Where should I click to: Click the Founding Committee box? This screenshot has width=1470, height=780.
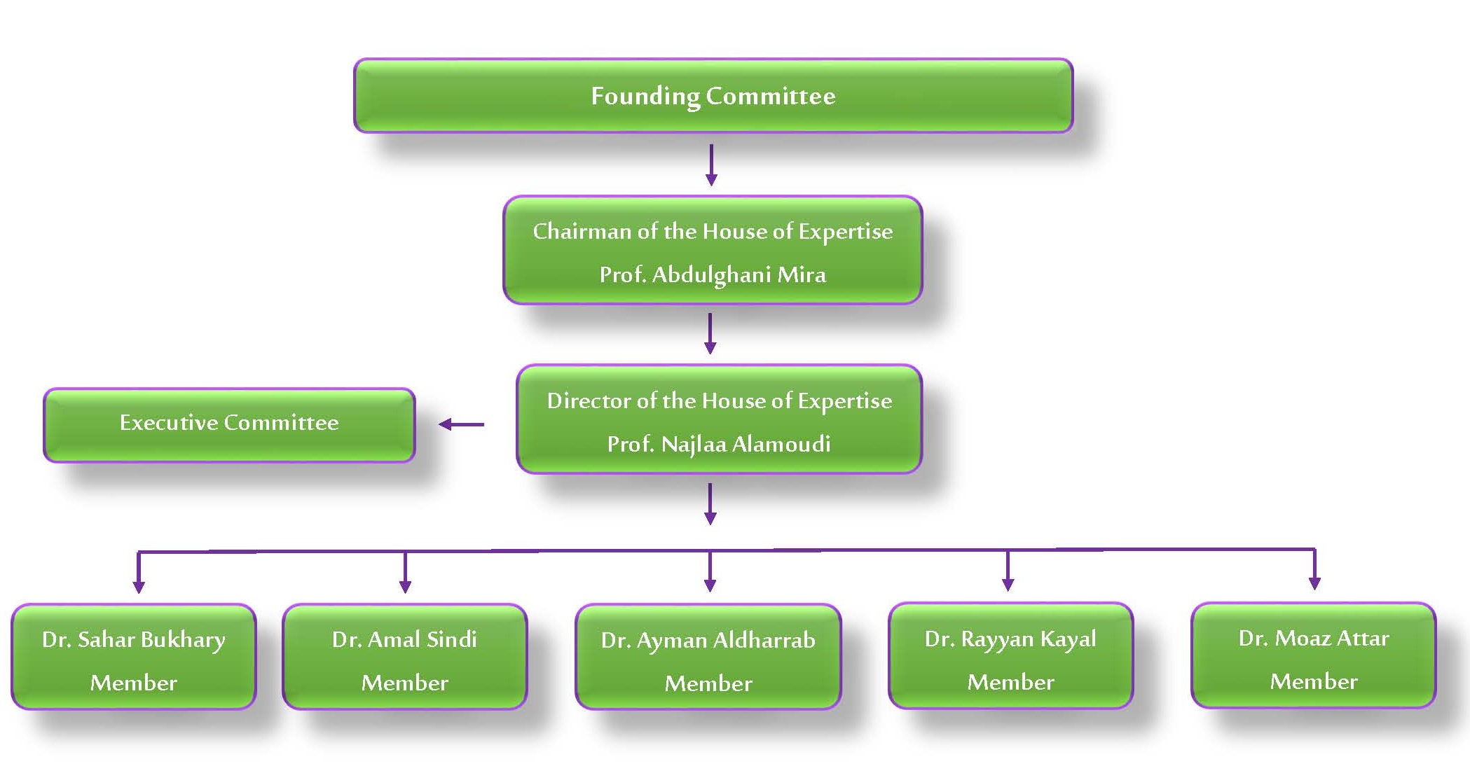tap(713, 95)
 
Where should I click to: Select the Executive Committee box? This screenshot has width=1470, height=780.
tap(229, 424)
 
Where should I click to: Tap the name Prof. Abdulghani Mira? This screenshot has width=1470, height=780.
tap(713, 274)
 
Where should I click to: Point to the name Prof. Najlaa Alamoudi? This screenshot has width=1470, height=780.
tap(719, 444)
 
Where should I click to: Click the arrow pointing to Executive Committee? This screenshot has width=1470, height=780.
tap(460, 424)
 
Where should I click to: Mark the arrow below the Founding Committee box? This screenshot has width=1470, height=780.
tap(711, 165)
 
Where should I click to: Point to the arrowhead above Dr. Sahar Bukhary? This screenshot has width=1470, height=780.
tap(139, 586)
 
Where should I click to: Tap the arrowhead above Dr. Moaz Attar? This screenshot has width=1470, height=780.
tap(1314, 583)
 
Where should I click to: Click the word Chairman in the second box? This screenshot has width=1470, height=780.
tap(582, 231)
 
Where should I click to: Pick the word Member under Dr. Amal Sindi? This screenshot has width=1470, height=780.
tap(404, 683)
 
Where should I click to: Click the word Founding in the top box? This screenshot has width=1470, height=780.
tap(645, 96)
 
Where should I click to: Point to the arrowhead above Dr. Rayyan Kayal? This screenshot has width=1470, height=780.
tap(1008, 584)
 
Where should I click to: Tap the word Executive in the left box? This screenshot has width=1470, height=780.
tap(169, 422)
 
